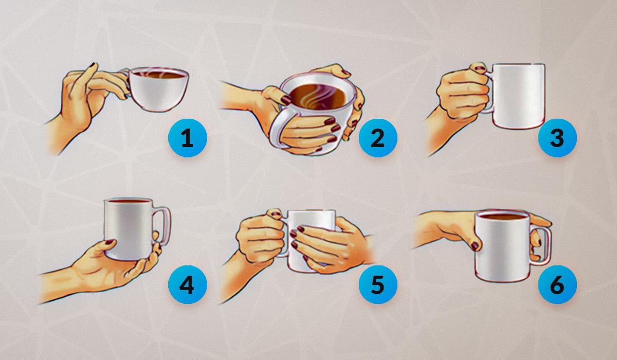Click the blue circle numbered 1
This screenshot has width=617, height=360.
point(188,138)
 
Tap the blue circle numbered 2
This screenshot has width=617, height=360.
point(378,138)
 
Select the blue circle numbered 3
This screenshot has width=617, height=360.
point(557,138)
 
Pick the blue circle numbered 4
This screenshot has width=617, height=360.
point(188,284)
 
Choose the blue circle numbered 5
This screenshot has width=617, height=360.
point(378,284)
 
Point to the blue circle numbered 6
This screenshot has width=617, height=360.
point(557,284)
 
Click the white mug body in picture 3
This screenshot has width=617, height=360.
point(518,96)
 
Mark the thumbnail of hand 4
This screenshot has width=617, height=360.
point(110,242)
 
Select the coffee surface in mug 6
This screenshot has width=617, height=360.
point(503,217)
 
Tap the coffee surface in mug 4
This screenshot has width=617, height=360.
point(129,201)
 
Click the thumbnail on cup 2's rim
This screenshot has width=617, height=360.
point(285,100)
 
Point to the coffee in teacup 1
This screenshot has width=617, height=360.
point(159,75)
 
